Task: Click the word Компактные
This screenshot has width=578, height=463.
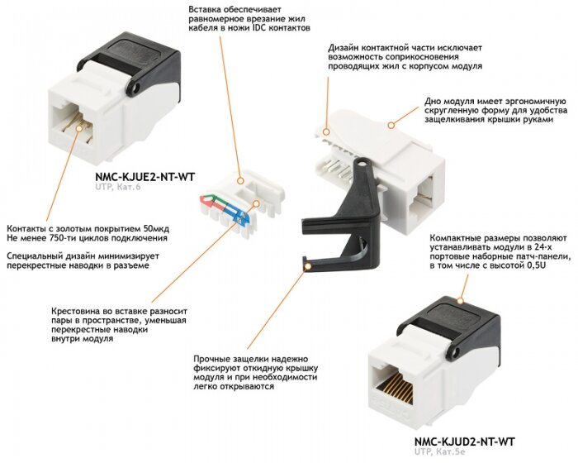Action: click(x=459, y=236)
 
